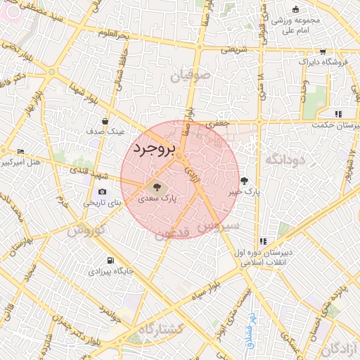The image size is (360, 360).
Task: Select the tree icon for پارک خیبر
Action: [244, 179]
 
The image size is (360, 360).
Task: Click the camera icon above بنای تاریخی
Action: [103, 191]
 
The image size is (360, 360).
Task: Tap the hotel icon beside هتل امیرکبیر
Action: [21, 152]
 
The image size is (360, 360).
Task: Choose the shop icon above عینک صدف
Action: [105, 120]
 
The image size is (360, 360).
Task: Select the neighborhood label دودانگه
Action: [285, 160]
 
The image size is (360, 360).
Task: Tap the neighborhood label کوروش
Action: [86, 230]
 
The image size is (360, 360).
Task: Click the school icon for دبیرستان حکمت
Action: [338, 114]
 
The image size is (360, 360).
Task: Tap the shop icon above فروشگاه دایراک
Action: [322, 51]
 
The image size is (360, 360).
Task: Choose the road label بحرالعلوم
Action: [112, 33]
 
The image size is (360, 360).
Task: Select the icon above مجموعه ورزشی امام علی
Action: [295, 9]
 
